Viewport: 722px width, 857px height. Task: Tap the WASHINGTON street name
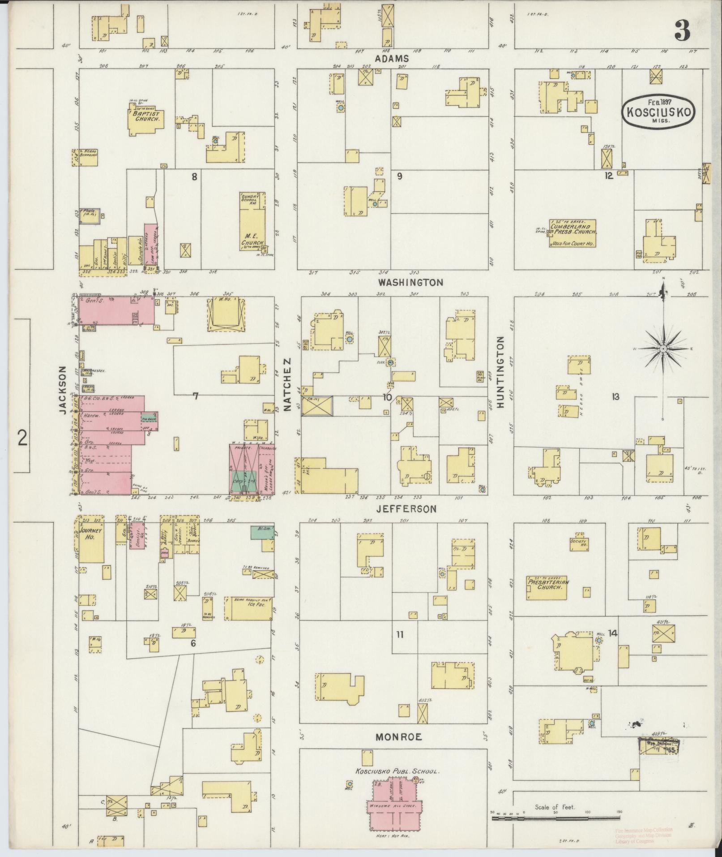tap(410, 282)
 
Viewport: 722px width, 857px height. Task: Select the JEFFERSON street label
tap(406, 509)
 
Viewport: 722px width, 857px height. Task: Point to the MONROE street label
tap(398, 736)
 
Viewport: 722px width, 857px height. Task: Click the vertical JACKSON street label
tap(62, 389)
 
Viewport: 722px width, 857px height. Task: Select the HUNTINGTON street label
tap(500, 371)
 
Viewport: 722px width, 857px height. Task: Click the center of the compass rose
tap(663, 348)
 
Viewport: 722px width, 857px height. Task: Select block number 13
tap(616, 396)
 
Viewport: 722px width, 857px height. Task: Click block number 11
tap(400, 634)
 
